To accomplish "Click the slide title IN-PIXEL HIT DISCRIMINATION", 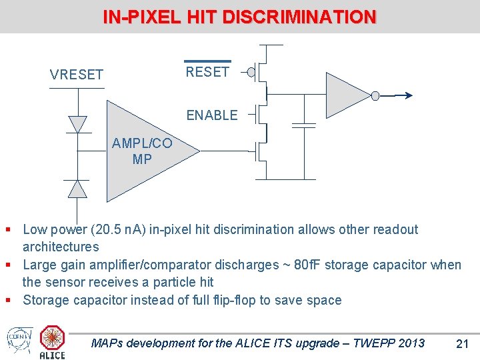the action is pyautogui.click(x=239, y=17).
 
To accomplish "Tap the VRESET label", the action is pyautogui.click(x=77, y=75).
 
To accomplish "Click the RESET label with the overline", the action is pyautogui.click(x=207, y=71).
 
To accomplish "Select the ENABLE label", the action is pyautogui.click(x=212, y=115).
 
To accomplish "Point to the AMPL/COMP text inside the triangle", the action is pyautogui.click(x=142, y=151).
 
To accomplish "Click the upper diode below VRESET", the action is pyautogui.click(x=78, y=124).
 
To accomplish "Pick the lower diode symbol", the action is pyautogui.click(x=78, y=189).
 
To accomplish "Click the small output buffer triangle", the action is pyautogui.click(x=347, y=95).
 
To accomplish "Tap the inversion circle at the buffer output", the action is pyautogui.click(x=375, y=96).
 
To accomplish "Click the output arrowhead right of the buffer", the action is pyautogui.click(x=408, y=96).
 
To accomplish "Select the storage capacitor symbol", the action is pyautogui.click(x=304, y=125).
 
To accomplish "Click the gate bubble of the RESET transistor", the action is pyautogui.click(x=251, y=71).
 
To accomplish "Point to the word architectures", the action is pyautogui.click(x=61, y=247).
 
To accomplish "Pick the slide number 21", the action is pyautogui.click(x=462, y=344).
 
